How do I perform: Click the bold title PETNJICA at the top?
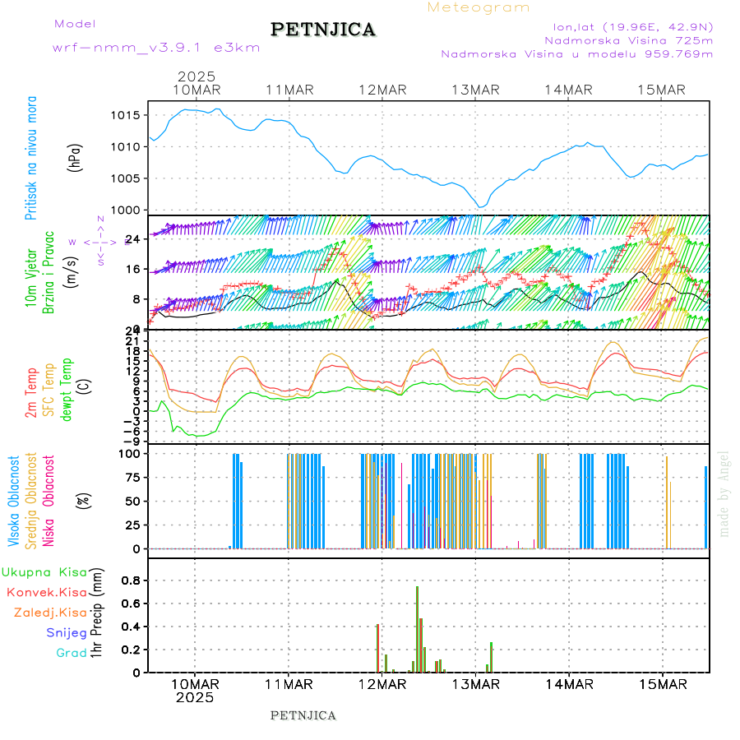323,30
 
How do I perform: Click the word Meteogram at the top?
479,7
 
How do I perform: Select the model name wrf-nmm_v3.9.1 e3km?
156,47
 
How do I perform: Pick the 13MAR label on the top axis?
476,90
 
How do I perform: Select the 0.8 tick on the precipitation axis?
131,580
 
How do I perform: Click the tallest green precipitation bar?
417,629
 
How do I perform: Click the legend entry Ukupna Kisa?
44,571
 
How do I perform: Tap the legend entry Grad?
72,653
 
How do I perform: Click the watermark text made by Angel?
724,493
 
